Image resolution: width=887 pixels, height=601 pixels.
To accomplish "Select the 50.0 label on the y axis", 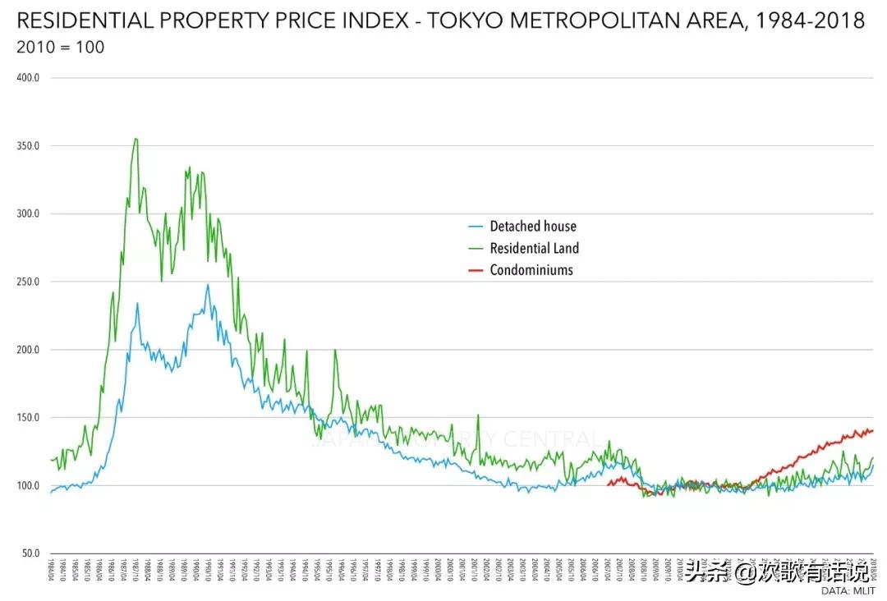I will coord(31,553).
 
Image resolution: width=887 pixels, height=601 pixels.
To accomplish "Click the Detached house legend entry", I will coord(533,227).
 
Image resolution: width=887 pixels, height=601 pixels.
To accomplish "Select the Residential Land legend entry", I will coord(535,248).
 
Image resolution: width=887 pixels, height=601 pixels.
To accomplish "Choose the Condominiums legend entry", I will coord(531,269).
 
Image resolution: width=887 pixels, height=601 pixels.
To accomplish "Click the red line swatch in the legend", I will coord(476,269).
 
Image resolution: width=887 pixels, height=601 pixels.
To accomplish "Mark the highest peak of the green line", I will coord(136,139).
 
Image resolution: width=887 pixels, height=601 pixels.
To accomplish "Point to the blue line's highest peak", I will coord(208,285).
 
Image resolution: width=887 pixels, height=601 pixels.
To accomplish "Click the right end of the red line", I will coord(873,430).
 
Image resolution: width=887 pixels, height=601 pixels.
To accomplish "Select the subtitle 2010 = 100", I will coord(60,47).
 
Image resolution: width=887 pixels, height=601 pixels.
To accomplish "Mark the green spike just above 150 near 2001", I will coord(478,415).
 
